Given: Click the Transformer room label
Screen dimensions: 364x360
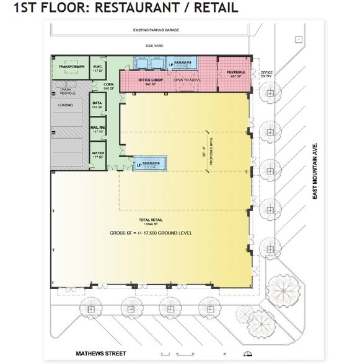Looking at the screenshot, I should [72, 66].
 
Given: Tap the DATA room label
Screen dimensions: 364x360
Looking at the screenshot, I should [97, 105].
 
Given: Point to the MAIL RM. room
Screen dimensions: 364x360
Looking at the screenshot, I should [97, 129].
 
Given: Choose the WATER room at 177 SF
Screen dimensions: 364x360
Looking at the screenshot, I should [97, 154].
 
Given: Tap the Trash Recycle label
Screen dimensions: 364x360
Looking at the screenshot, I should [68, 91].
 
